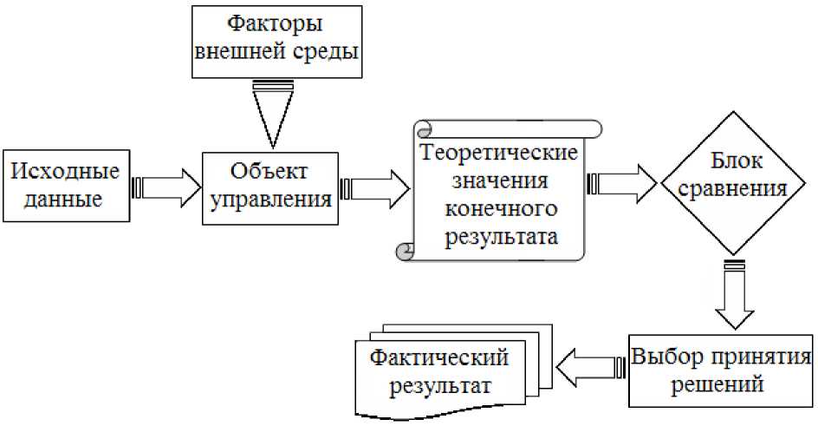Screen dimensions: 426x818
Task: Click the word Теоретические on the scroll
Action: click(499, 154)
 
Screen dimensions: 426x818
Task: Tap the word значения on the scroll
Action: click(499, 181)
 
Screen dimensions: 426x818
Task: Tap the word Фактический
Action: click(439, 357)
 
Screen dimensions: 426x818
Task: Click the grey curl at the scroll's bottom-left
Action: click(403, 252)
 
